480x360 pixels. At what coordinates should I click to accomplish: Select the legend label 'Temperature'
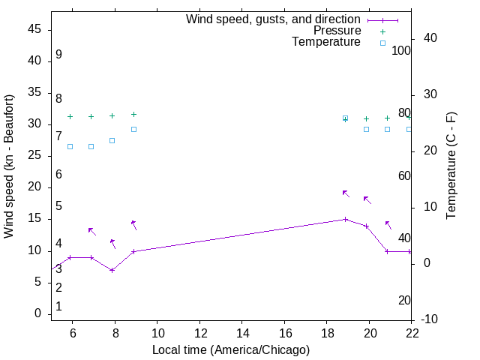pos(326,42)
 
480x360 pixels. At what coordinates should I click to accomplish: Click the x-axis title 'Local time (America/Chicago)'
pos(231,350)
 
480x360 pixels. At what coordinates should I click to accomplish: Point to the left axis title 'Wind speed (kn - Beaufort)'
pos(9,166)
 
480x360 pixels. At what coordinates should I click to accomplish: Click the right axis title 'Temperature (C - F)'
pos(451,166)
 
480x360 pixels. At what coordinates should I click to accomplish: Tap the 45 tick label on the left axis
pos(34,29)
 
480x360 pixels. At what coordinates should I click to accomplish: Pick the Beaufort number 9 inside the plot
pos(58,55)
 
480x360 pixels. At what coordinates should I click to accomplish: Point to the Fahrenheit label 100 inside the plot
pos(402,51)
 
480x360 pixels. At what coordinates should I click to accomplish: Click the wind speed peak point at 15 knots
pos(345,219)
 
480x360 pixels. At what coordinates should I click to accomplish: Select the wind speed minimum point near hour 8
pos(112,270)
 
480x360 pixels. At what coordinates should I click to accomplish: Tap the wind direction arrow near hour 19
pos(346,193)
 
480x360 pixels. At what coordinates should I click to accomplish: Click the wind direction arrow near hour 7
pos(91,231)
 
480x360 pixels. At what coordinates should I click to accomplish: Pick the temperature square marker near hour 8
pos(112,140)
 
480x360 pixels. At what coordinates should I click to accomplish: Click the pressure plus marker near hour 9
pos(133,114)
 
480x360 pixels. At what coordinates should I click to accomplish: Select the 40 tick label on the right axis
pos(430,38)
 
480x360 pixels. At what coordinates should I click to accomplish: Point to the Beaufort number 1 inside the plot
pos(58,307)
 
